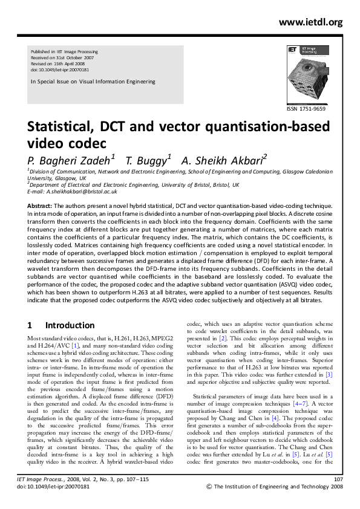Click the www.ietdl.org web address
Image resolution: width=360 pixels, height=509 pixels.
[x=310, y=22]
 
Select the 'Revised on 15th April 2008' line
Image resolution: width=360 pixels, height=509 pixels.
[x=57, y=64]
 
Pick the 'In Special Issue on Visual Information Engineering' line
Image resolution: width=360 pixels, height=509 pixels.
[x=93, y=82]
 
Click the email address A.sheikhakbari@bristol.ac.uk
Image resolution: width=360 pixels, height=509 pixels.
[x=81, y=191]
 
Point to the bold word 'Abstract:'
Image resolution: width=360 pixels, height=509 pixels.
[x=40, y=206]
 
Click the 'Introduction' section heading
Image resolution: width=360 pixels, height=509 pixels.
[x=70, y=325]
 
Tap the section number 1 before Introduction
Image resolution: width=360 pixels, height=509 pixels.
[x=30, y=325]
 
